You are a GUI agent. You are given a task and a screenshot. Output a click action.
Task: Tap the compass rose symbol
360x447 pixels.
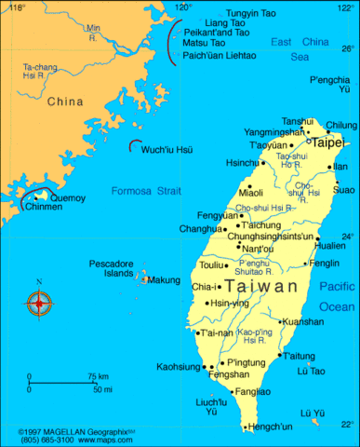[x=39, y=302]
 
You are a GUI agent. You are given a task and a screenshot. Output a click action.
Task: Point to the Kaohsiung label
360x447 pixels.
[x=179, y=366]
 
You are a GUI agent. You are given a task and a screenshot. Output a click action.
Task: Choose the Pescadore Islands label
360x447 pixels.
[x=112, y=269]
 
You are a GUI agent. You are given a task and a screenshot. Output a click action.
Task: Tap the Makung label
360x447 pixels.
[x=165, y=279]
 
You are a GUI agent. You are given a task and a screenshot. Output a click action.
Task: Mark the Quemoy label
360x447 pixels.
[x=67, y=198]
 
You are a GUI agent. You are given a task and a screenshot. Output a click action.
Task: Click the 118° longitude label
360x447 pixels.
[x=18, y=7]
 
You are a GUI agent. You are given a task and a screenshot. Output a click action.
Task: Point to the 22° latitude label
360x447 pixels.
[x=346, y=425]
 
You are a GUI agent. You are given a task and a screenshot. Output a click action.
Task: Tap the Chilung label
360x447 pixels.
[x=340, y=125]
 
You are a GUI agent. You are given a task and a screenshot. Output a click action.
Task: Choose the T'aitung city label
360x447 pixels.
[x=299, y=356]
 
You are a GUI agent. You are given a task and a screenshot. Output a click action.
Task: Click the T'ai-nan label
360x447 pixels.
[x=217, y=332]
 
